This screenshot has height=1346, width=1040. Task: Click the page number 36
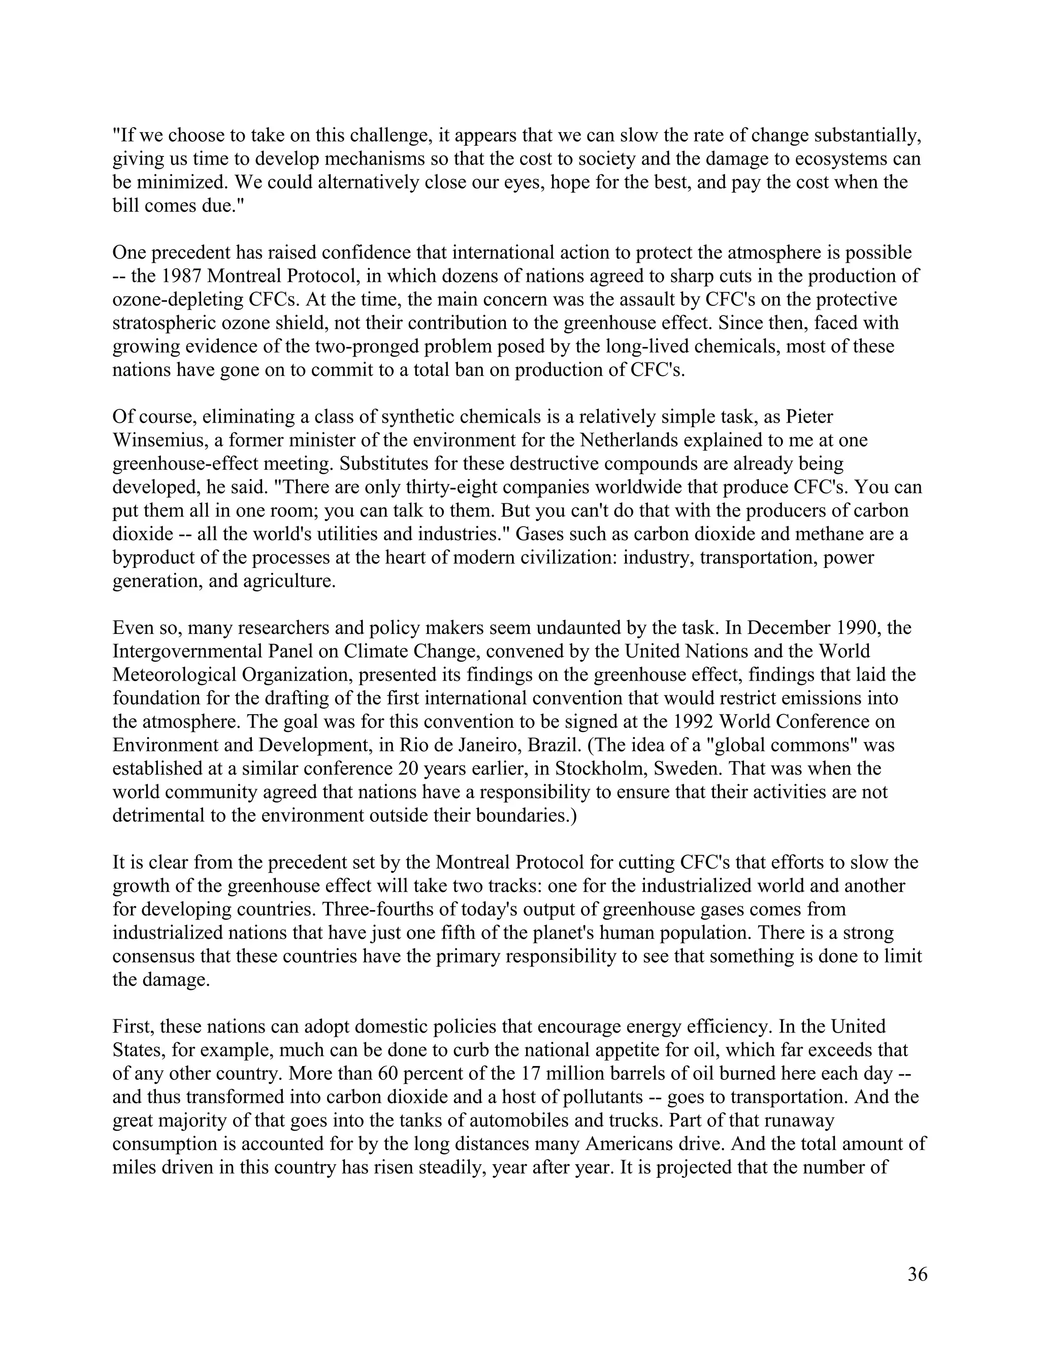point(917,1274)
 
